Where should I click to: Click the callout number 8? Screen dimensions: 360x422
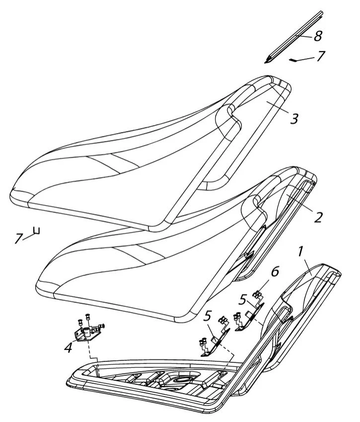[318, 36]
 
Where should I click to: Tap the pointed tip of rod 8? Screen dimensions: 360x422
[265, 63]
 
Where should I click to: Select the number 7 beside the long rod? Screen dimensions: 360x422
[320, 56]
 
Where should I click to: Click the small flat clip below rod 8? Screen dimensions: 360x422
[293, 60]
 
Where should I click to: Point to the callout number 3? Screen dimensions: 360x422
[294, 119]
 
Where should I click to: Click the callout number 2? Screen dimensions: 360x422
[318, 217]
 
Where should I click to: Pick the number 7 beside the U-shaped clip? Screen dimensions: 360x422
[18, 238]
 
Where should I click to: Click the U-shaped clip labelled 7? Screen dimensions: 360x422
[37, 231]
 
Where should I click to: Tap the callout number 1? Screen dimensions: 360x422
[300, 251]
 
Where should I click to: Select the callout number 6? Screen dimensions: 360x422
[275, 272]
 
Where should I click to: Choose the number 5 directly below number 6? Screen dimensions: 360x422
[243, 299]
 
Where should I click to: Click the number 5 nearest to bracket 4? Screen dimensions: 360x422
[208, 316]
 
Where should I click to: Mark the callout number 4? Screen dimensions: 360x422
[68, 348]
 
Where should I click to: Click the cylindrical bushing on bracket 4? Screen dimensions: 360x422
[87, 334]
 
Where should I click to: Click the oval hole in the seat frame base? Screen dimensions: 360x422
[183, 380]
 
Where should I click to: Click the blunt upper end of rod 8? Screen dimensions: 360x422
[321, 12]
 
